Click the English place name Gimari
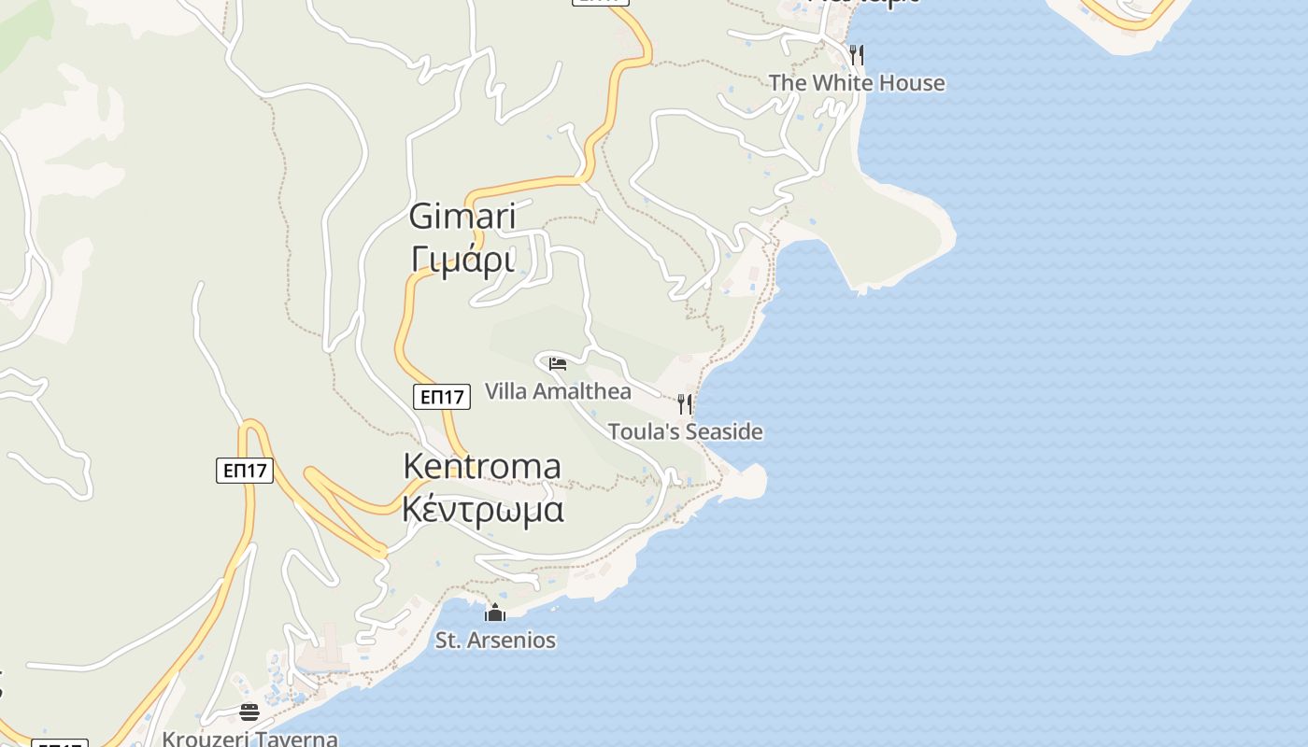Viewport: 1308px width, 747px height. click(x=462, y=217)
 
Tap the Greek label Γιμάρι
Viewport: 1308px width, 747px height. click(x=462, y=260)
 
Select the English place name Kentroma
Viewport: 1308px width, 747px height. click(x=482, y=466)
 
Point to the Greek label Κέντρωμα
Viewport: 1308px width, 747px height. click(x=483, y=510)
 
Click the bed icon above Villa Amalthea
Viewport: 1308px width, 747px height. click(x=558, y=363)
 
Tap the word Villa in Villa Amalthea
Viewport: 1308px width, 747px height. click(x=505, y=391)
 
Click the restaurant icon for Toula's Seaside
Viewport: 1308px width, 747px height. click(x=685, y=403)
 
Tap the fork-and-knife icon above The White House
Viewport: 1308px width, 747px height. click(x=857, y=54)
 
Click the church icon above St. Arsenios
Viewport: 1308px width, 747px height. click(x=495, y=613)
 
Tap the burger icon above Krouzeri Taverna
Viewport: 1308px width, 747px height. click(x=249, y=712)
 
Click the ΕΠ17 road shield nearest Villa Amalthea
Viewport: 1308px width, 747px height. click(x=442, y=397)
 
